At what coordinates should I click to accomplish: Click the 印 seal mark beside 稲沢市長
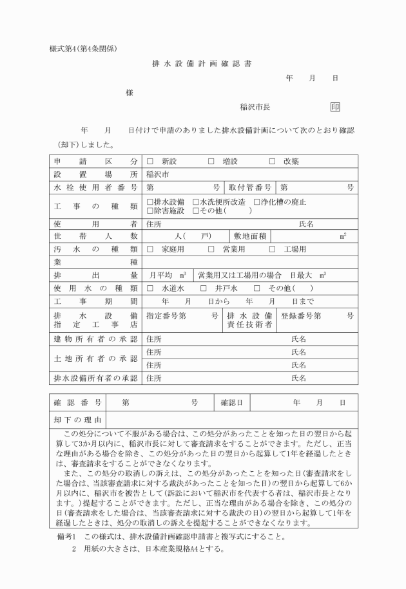[x=335, y=108]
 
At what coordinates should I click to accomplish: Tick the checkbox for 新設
[x=150, y=161]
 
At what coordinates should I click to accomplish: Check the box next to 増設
[x=211, y=161]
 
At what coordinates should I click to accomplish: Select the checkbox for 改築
[x=272, y=161]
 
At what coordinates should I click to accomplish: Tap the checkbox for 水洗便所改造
[x=195, y=202]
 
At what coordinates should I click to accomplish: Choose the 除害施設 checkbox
[x=150, y=210]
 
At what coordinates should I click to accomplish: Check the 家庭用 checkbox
[x=150, y=249]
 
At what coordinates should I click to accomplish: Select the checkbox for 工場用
[x=272, y=249]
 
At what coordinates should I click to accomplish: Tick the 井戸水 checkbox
[x=204, y=288]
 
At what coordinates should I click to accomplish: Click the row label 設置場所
[x=95, y=174]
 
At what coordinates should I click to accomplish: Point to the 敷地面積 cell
[x=255, y=236]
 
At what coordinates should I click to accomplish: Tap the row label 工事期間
[x=95, y=301]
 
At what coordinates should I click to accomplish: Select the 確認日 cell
[x=231, y=402]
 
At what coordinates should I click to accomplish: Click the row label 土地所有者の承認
[x=95, y=359]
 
